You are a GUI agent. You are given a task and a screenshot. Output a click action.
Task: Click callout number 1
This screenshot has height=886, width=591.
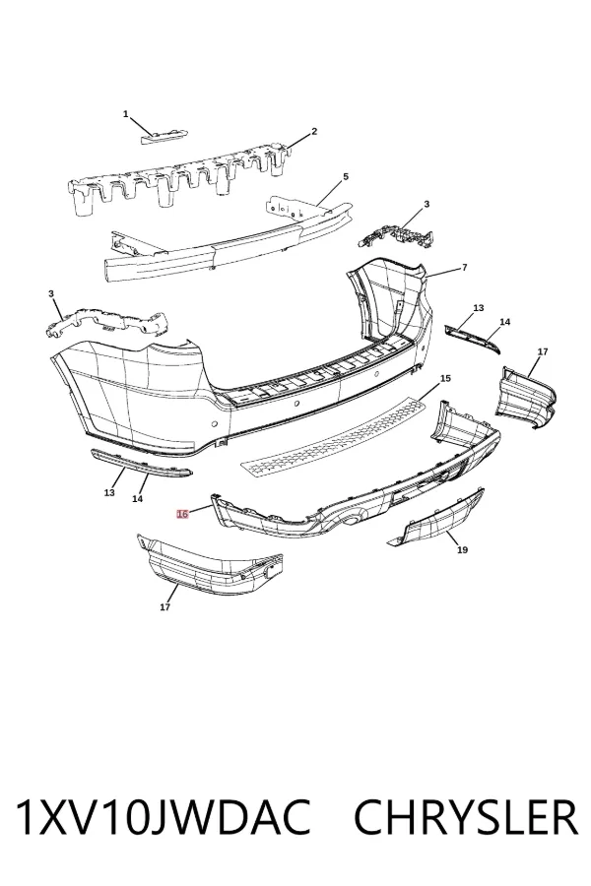125,114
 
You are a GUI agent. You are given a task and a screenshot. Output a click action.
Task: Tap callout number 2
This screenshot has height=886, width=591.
314,132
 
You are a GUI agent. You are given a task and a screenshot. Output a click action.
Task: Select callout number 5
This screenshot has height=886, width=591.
346,177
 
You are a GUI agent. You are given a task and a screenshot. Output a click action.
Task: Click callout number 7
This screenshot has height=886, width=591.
464,267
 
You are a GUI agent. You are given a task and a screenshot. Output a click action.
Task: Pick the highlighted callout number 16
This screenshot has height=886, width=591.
182,514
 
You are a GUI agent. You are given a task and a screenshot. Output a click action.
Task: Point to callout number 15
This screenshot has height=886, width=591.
445,378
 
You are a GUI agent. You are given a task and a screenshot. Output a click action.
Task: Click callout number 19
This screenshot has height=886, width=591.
462,549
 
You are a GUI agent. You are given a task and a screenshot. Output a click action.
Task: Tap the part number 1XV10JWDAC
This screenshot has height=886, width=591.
163,818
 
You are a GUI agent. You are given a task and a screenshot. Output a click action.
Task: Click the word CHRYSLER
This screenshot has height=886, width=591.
466,818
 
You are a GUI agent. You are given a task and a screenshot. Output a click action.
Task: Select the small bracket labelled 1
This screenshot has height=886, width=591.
164,136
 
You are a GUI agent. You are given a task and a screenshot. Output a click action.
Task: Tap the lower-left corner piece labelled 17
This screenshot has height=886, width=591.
209,566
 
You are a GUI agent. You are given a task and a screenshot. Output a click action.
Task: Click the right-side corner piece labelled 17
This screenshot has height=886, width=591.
526,398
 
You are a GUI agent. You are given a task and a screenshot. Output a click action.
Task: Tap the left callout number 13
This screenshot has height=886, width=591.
109,493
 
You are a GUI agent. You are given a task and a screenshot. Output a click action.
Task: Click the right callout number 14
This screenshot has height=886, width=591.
505,322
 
